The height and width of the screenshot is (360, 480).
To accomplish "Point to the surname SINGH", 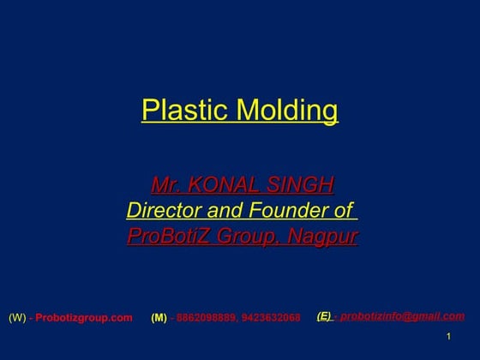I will [x=302, y=184].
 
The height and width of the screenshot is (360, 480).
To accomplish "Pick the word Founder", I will [x=290, y=210].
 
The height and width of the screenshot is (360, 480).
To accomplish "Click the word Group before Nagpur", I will [x=244, y=236].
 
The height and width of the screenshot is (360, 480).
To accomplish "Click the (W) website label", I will [x=17, y=318].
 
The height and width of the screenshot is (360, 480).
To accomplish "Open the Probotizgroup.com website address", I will [x=84, y=318].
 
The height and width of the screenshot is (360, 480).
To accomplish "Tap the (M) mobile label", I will [x=159, y=318].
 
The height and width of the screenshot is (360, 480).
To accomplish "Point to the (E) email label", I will [x=324, y=316].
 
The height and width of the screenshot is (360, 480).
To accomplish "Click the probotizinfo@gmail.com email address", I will [x=402, y=316].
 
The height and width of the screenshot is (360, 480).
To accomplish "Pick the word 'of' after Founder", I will [x=342, y=210].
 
